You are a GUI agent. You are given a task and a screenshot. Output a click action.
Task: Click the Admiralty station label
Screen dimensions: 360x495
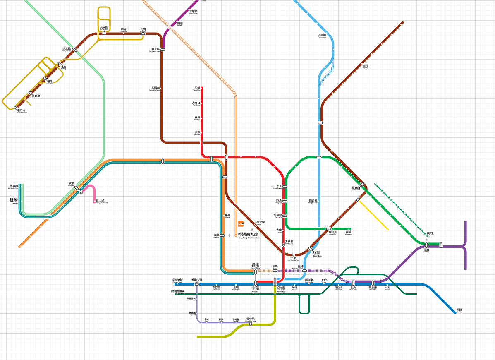[x=281, y=288]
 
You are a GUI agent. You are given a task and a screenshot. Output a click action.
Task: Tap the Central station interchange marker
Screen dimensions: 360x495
[x=256, y=283]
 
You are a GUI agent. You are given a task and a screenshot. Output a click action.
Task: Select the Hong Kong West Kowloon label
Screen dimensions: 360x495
[x=249, y=235]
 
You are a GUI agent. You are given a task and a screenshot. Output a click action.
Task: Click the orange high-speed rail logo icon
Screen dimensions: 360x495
[x=241, y=224]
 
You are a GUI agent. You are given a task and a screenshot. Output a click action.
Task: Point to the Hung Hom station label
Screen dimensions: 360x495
[x=316, y=254]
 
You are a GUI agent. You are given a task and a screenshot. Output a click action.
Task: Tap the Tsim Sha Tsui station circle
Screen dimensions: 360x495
[x=283, y=245]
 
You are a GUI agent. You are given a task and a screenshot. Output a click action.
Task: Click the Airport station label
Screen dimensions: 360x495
[x=14, y=200]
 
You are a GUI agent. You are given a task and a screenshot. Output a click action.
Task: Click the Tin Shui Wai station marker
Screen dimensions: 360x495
[x=104, y=33]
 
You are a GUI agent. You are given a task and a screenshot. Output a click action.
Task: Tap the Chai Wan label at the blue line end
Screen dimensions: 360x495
[x=459, y=310]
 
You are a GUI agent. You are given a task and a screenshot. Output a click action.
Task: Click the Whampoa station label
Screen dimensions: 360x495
[x=348, y=233]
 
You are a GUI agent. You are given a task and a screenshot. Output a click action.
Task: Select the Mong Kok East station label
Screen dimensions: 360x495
[x=313, y=201]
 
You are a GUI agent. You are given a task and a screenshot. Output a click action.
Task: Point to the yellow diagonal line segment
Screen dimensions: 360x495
[x=373, y=215]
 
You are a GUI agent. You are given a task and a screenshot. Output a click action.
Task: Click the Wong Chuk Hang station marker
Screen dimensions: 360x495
[x=251, y=324]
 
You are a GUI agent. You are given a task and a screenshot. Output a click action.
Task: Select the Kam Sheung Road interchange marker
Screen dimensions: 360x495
[x=163, y=49]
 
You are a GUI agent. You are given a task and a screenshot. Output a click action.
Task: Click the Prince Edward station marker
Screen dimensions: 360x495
[x=285, y=187]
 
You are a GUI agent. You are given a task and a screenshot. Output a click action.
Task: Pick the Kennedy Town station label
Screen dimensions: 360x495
[x=177, y=281]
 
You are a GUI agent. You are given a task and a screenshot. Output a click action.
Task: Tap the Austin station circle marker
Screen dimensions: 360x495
[x=256, y=226]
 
